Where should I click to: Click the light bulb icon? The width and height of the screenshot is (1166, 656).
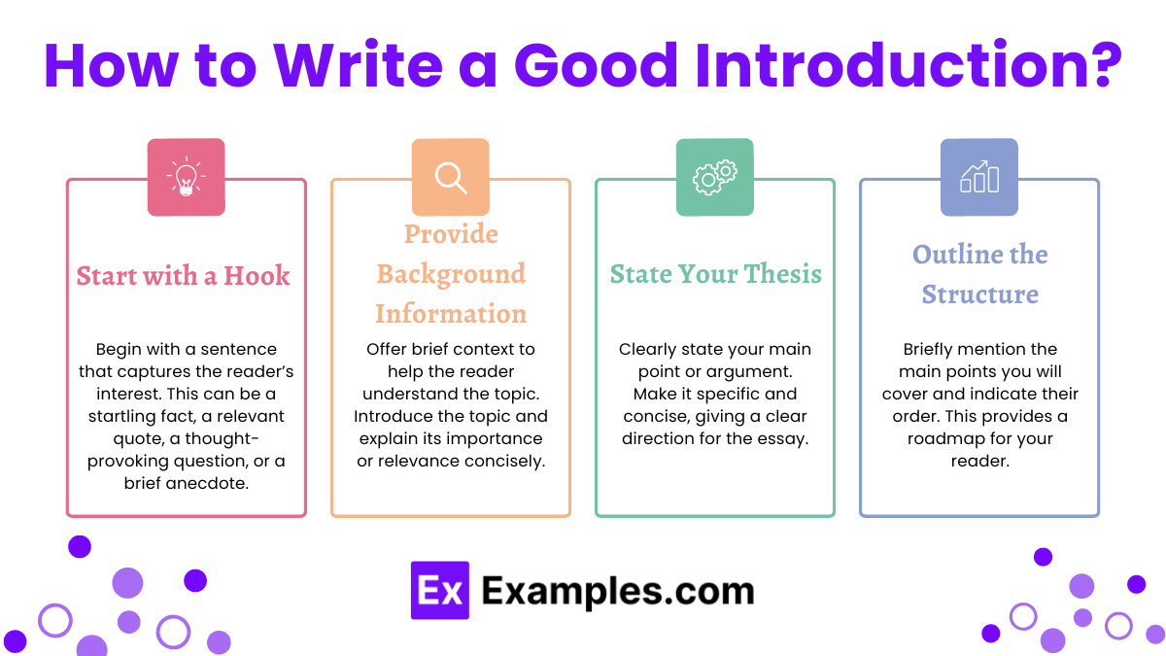[x=186, y=177]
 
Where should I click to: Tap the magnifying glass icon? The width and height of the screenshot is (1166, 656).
[x=450, y=177]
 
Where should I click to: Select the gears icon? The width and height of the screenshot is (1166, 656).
[x=714, y=177]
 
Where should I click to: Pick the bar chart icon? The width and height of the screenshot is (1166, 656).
[x=978, y=177]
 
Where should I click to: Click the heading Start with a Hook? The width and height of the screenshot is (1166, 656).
[x=183, y=275]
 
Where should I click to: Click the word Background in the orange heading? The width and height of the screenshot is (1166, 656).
[x=451, y=273]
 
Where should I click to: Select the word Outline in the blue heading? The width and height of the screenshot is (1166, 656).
[x=953, y=255]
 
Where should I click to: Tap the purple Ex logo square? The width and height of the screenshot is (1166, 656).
[x=439, y=590]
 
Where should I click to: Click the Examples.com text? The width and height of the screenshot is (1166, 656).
[x=618, y=590]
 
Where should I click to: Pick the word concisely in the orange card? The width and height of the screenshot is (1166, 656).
[x=505, y=461]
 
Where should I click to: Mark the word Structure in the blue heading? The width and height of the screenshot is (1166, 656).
[x=979, y=294]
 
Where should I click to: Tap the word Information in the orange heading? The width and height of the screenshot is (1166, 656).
[x=451, y=314]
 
